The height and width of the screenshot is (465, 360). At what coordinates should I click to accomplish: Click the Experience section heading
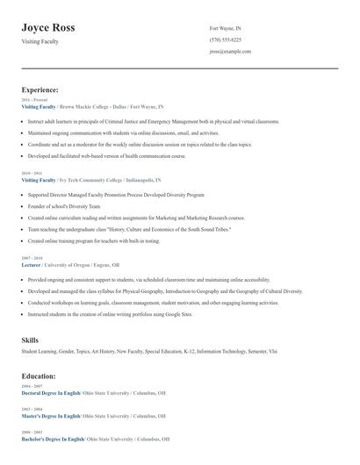[x=40, y=89]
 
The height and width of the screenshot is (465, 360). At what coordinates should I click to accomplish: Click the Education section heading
[x=39, y=376]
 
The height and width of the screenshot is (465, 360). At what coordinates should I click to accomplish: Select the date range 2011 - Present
[x=33, y=100]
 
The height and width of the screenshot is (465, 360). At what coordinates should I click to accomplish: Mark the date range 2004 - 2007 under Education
[x=31, y=386]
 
